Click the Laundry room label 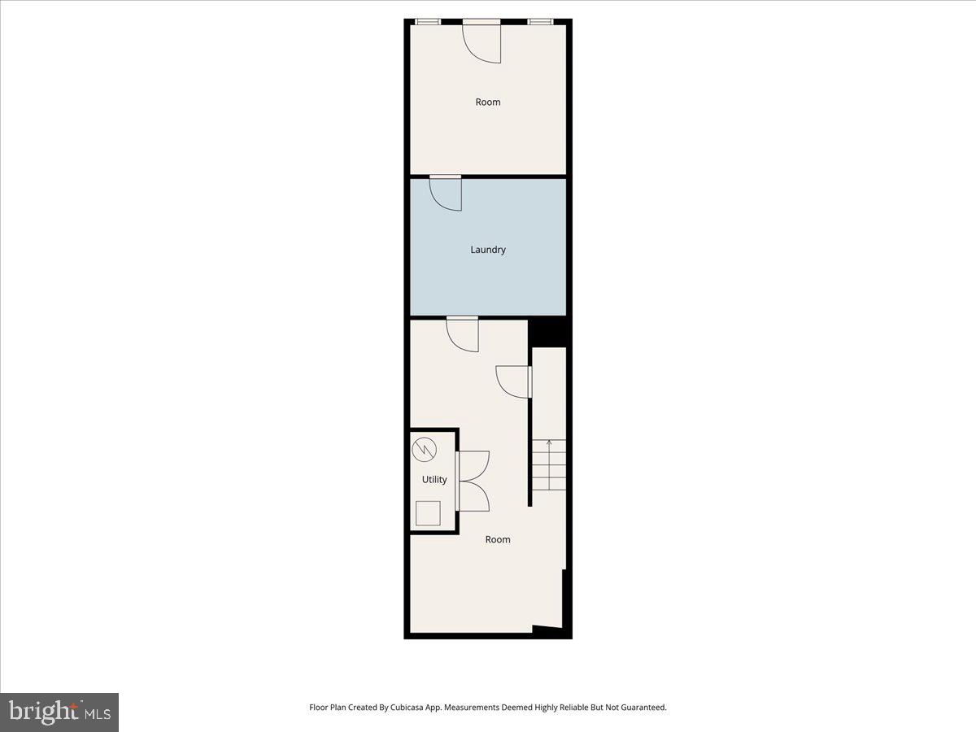(488, 250)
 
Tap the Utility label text (434, 480)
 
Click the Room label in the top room (488, 102)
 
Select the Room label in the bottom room (498, 540)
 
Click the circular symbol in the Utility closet (424, 449)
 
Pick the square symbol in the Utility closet (428, 512)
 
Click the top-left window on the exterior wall (428, 22)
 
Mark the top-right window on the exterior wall (540, 22)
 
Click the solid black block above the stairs (548, 333)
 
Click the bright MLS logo (59, 712)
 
